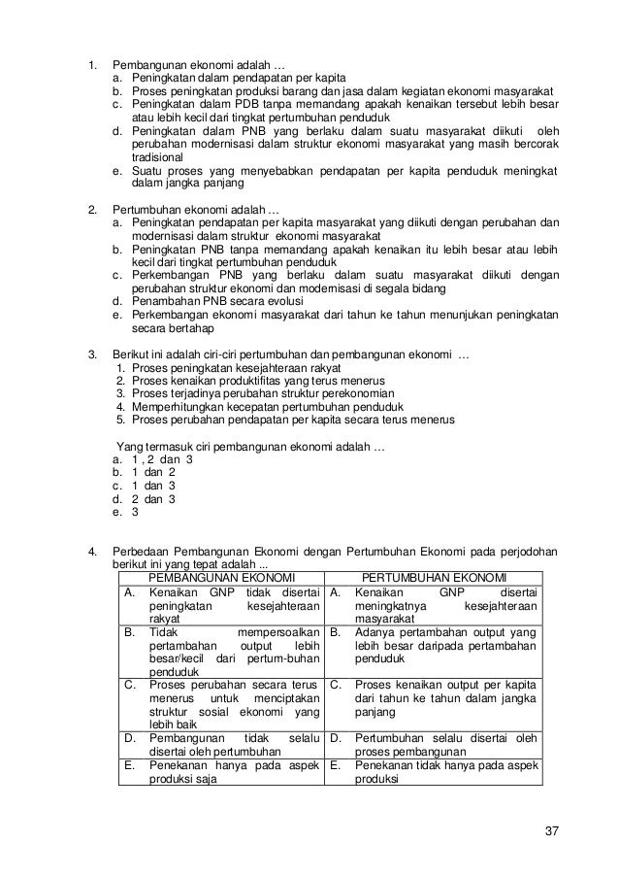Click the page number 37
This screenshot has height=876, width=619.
(x=552, y=830)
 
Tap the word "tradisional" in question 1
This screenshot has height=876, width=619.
(x=157, y=156)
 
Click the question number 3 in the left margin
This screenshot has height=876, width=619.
(x=92, y=356)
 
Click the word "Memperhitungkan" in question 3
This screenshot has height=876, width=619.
(x=176, y=407)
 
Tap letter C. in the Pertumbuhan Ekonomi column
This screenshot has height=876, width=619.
(x=334, y=683)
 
